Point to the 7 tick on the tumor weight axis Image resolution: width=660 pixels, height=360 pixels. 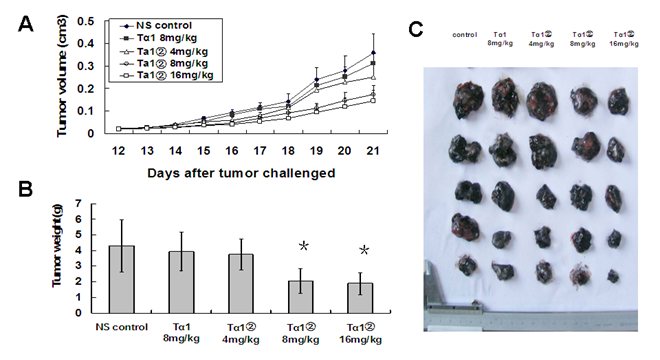[76, 205]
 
